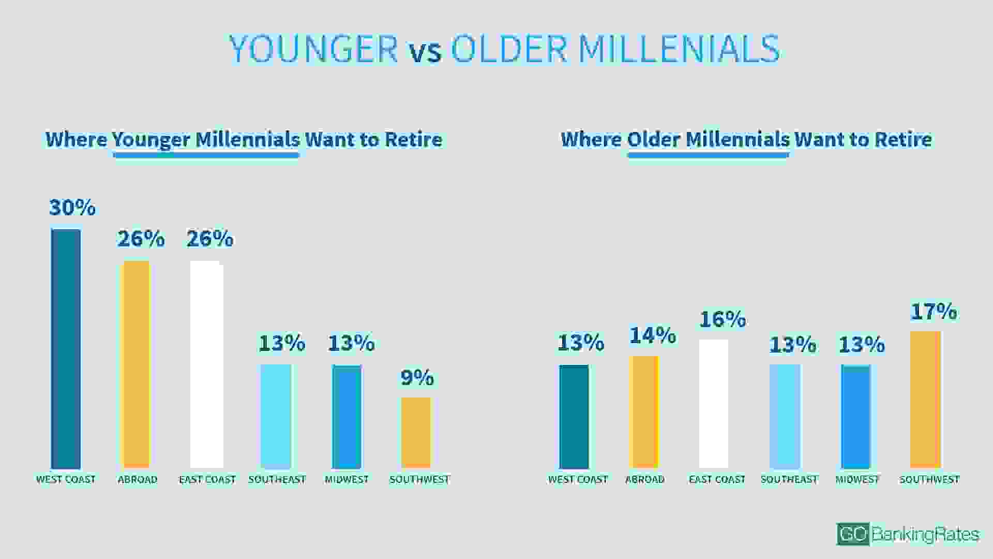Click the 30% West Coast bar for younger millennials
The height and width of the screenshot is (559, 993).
66,349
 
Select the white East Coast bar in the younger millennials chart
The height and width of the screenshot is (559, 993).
207,365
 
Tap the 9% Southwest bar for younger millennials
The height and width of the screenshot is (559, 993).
416,433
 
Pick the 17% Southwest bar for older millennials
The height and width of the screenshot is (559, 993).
925,400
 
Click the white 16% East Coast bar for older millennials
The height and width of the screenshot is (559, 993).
714,404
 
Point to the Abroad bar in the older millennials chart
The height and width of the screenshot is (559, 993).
644,412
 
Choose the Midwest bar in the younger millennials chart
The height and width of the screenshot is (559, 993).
347,417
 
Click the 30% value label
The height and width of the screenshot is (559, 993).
72,208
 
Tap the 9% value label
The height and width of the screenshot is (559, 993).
417,378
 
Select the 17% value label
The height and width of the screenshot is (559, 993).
934,312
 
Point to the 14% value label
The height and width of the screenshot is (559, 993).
653,335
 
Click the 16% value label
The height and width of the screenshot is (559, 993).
723,319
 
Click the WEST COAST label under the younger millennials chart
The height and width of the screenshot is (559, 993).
66,480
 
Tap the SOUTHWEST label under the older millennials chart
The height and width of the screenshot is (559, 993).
929,480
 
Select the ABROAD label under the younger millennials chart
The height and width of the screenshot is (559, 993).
137,480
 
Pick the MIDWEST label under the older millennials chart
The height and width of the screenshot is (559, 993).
857,480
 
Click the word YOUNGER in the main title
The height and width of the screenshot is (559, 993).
313,49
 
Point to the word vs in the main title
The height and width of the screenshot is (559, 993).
426,52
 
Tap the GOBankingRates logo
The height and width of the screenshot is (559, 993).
908,534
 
